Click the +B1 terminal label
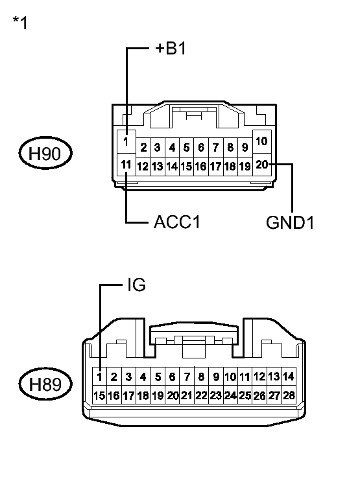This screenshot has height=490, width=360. (x=171, y=49)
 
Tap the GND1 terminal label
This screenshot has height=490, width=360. (x=290, y=223)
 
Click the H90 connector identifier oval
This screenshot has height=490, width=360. (x=45, y=154)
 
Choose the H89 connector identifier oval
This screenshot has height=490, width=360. (x=45, y=385)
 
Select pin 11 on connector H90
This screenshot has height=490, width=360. (x=126, y=165)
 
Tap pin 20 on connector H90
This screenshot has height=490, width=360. (x=262, y=165)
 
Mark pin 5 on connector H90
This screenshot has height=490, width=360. (x=187, y=148)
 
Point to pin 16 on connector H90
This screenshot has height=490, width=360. (x=201, y=167)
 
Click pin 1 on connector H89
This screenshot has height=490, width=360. (x=99, y=377)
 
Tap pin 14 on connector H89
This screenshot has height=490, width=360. (x=289, y=377)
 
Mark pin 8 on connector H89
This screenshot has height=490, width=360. (x=201, y=377)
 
